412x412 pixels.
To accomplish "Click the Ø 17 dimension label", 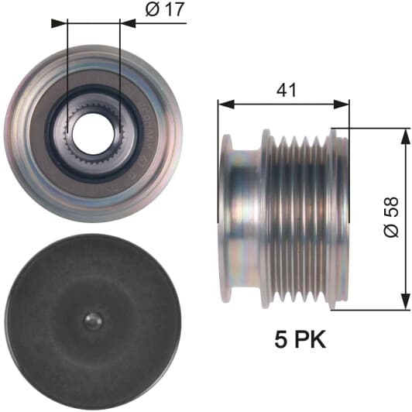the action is point(165,10).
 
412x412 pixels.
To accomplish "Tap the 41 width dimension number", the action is point(286,90).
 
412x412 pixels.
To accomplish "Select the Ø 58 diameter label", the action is point(391,217).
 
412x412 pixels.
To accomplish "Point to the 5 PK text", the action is point(300,338).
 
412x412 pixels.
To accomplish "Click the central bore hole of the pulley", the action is point(93,134).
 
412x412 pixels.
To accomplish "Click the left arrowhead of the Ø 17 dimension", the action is point(59,23).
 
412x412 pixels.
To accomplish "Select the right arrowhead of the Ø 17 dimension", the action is point(128,23).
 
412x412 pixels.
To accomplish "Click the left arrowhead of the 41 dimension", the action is point(226,104).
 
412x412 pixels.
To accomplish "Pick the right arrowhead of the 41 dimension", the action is point(342,104).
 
